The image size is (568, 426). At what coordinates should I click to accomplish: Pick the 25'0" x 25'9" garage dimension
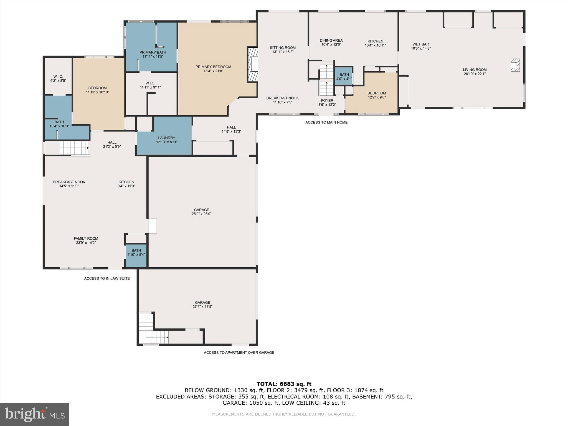tap(202, 214)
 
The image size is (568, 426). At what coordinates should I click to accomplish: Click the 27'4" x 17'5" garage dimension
tap(202, 306)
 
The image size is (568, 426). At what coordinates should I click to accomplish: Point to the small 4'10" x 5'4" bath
tap(136, 255)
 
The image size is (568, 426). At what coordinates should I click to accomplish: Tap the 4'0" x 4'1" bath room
tap(344, 76)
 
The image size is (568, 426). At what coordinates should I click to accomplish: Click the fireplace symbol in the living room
tap(515, 65)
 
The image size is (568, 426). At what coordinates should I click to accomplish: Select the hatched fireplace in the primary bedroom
tap(253, 65)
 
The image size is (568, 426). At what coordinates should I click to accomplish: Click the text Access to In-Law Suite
tap(107, 278)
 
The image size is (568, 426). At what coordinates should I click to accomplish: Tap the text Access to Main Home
tap(326, 122)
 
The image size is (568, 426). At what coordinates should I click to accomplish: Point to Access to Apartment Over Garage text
tap(239, 353)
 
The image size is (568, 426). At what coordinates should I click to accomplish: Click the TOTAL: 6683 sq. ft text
tap(284, 384)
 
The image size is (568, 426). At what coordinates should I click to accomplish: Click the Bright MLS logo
tap(35, 414)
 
